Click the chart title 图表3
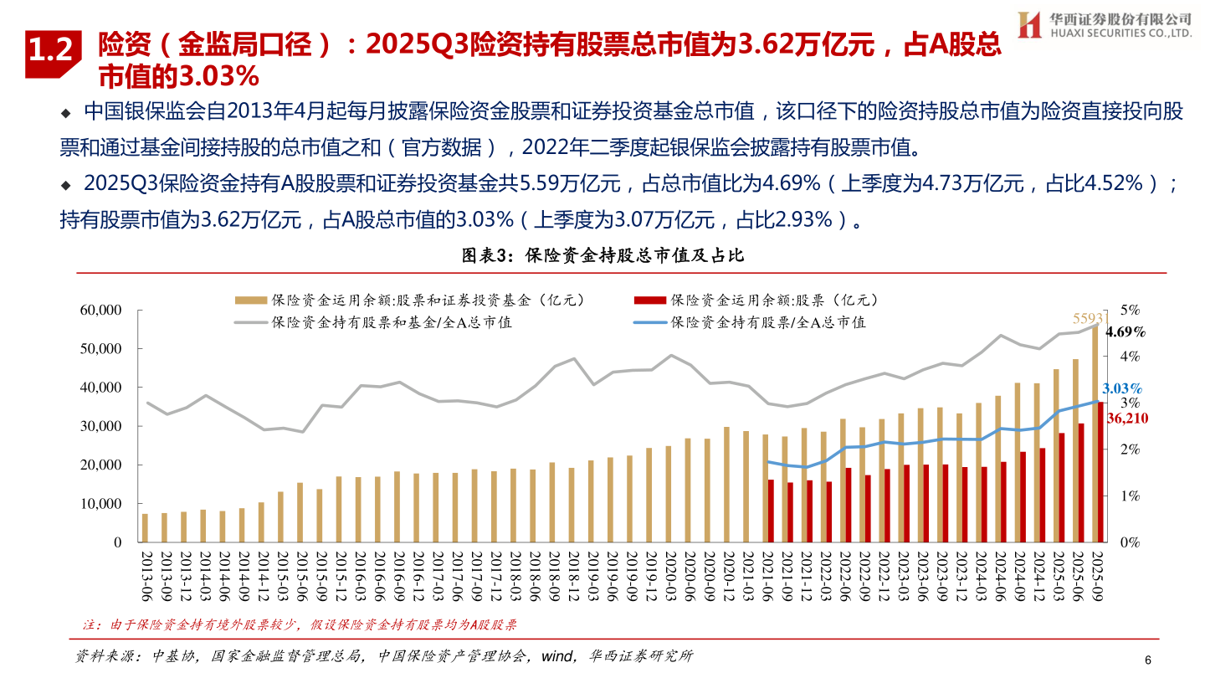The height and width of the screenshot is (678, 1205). (602, 256)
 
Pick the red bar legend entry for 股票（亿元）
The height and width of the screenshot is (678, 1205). (756, 300)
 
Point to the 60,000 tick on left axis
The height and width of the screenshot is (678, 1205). (99, 311)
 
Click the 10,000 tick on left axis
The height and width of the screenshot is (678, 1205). (99, 504)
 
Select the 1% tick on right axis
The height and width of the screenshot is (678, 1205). (1130, 496)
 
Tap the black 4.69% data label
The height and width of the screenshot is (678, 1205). (1125, 332)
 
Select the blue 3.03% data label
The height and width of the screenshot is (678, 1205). (1122, 388)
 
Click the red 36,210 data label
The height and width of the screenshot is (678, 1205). (1126, 418)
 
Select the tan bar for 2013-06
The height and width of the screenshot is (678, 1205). (145, 527)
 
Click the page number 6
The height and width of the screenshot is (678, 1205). (1148, 660)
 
